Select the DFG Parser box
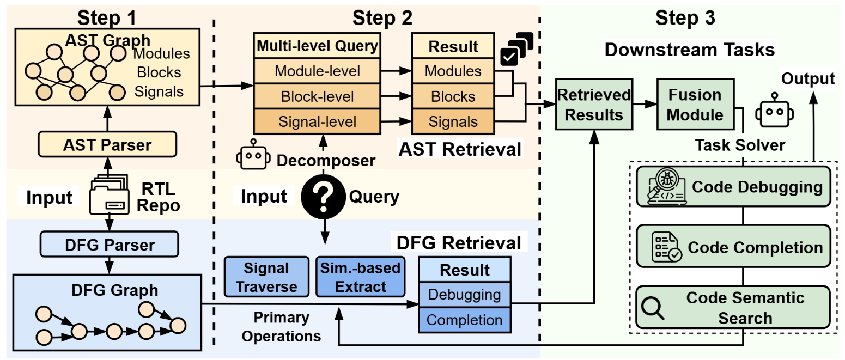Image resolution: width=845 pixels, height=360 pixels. (110, 245)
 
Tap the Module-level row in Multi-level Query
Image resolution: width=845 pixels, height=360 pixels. (317, 71)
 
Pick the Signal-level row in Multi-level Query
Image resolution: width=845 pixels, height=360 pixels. (317, 122)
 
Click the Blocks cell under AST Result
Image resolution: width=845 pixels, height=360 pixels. (453, 97)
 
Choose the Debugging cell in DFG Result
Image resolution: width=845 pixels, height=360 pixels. (464, 295)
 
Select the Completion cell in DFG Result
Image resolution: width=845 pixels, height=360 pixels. (464, 320)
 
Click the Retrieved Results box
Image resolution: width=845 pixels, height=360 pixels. (594, 105)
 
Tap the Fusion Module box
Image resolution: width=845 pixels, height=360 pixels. (695, 105)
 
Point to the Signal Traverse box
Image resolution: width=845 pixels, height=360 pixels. (266, 277)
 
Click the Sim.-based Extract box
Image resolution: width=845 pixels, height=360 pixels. (361, 277)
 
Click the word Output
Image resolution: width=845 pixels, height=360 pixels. (808, 78)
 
